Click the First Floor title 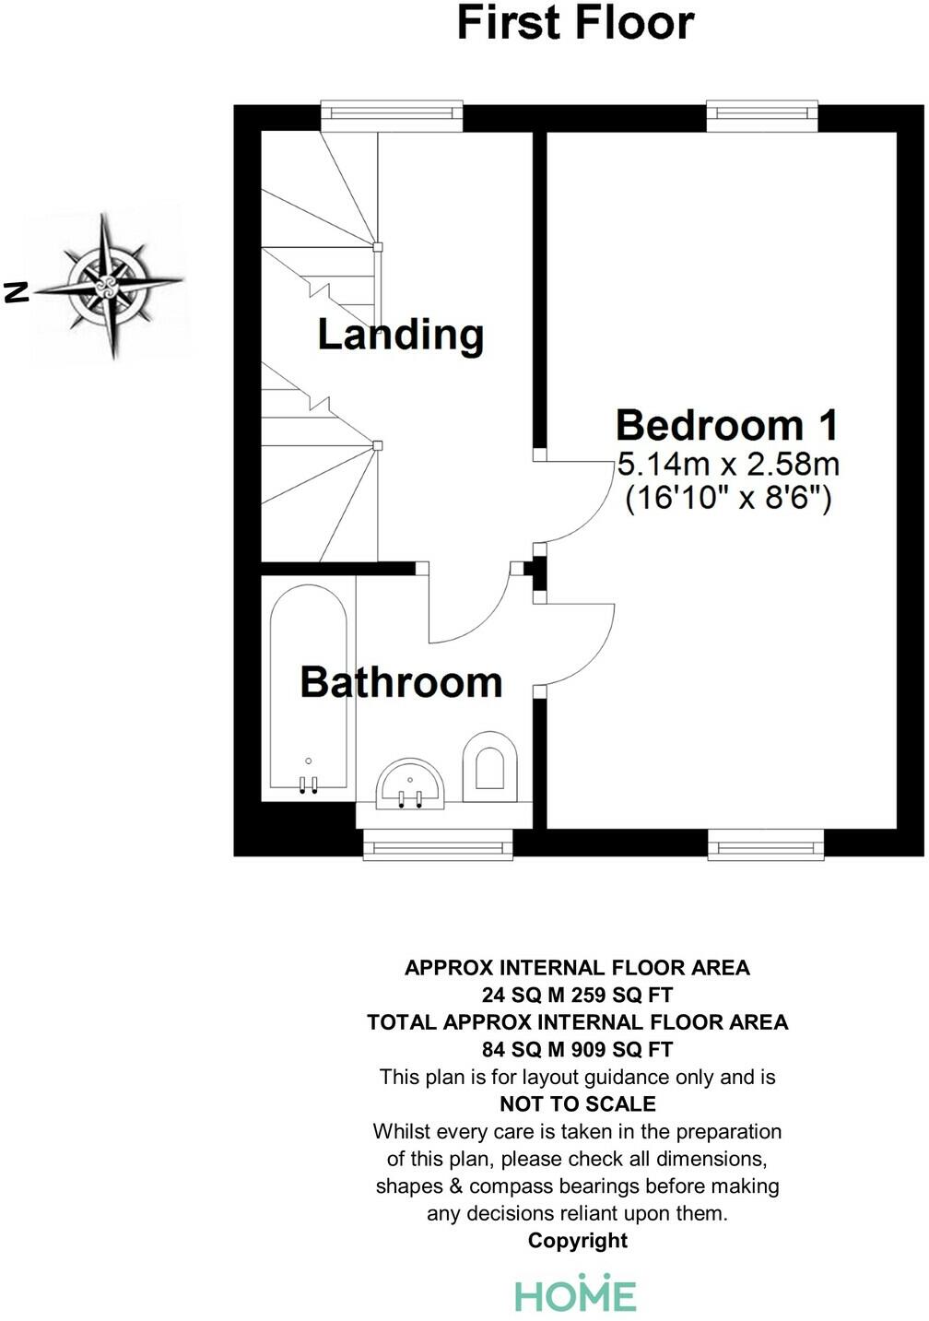click(x=575, y=23)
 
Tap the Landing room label click(x=400, y=334)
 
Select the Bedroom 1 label click(x=727, y=425)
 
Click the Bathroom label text click(x=401, y=682)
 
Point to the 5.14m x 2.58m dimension click(x=728, y=463)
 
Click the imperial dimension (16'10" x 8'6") click(x=728, y=499)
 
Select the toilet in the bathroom click(x=489, y=766)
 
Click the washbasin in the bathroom click(x=411, y=785)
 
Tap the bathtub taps click(x=308, y=784)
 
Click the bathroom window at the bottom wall click(x=438, y=845)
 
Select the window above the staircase click(x=392, y=113)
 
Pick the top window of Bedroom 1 click(x=762, y=113)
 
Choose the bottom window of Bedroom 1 click(x=765, y=844)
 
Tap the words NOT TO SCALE click(x=577, y=1103)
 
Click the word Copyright click(x=577, y=1241)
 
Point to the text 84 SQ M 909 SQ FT click(x=577, y=1049)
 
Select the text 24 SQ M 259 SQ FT click(x=577, y=995)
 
